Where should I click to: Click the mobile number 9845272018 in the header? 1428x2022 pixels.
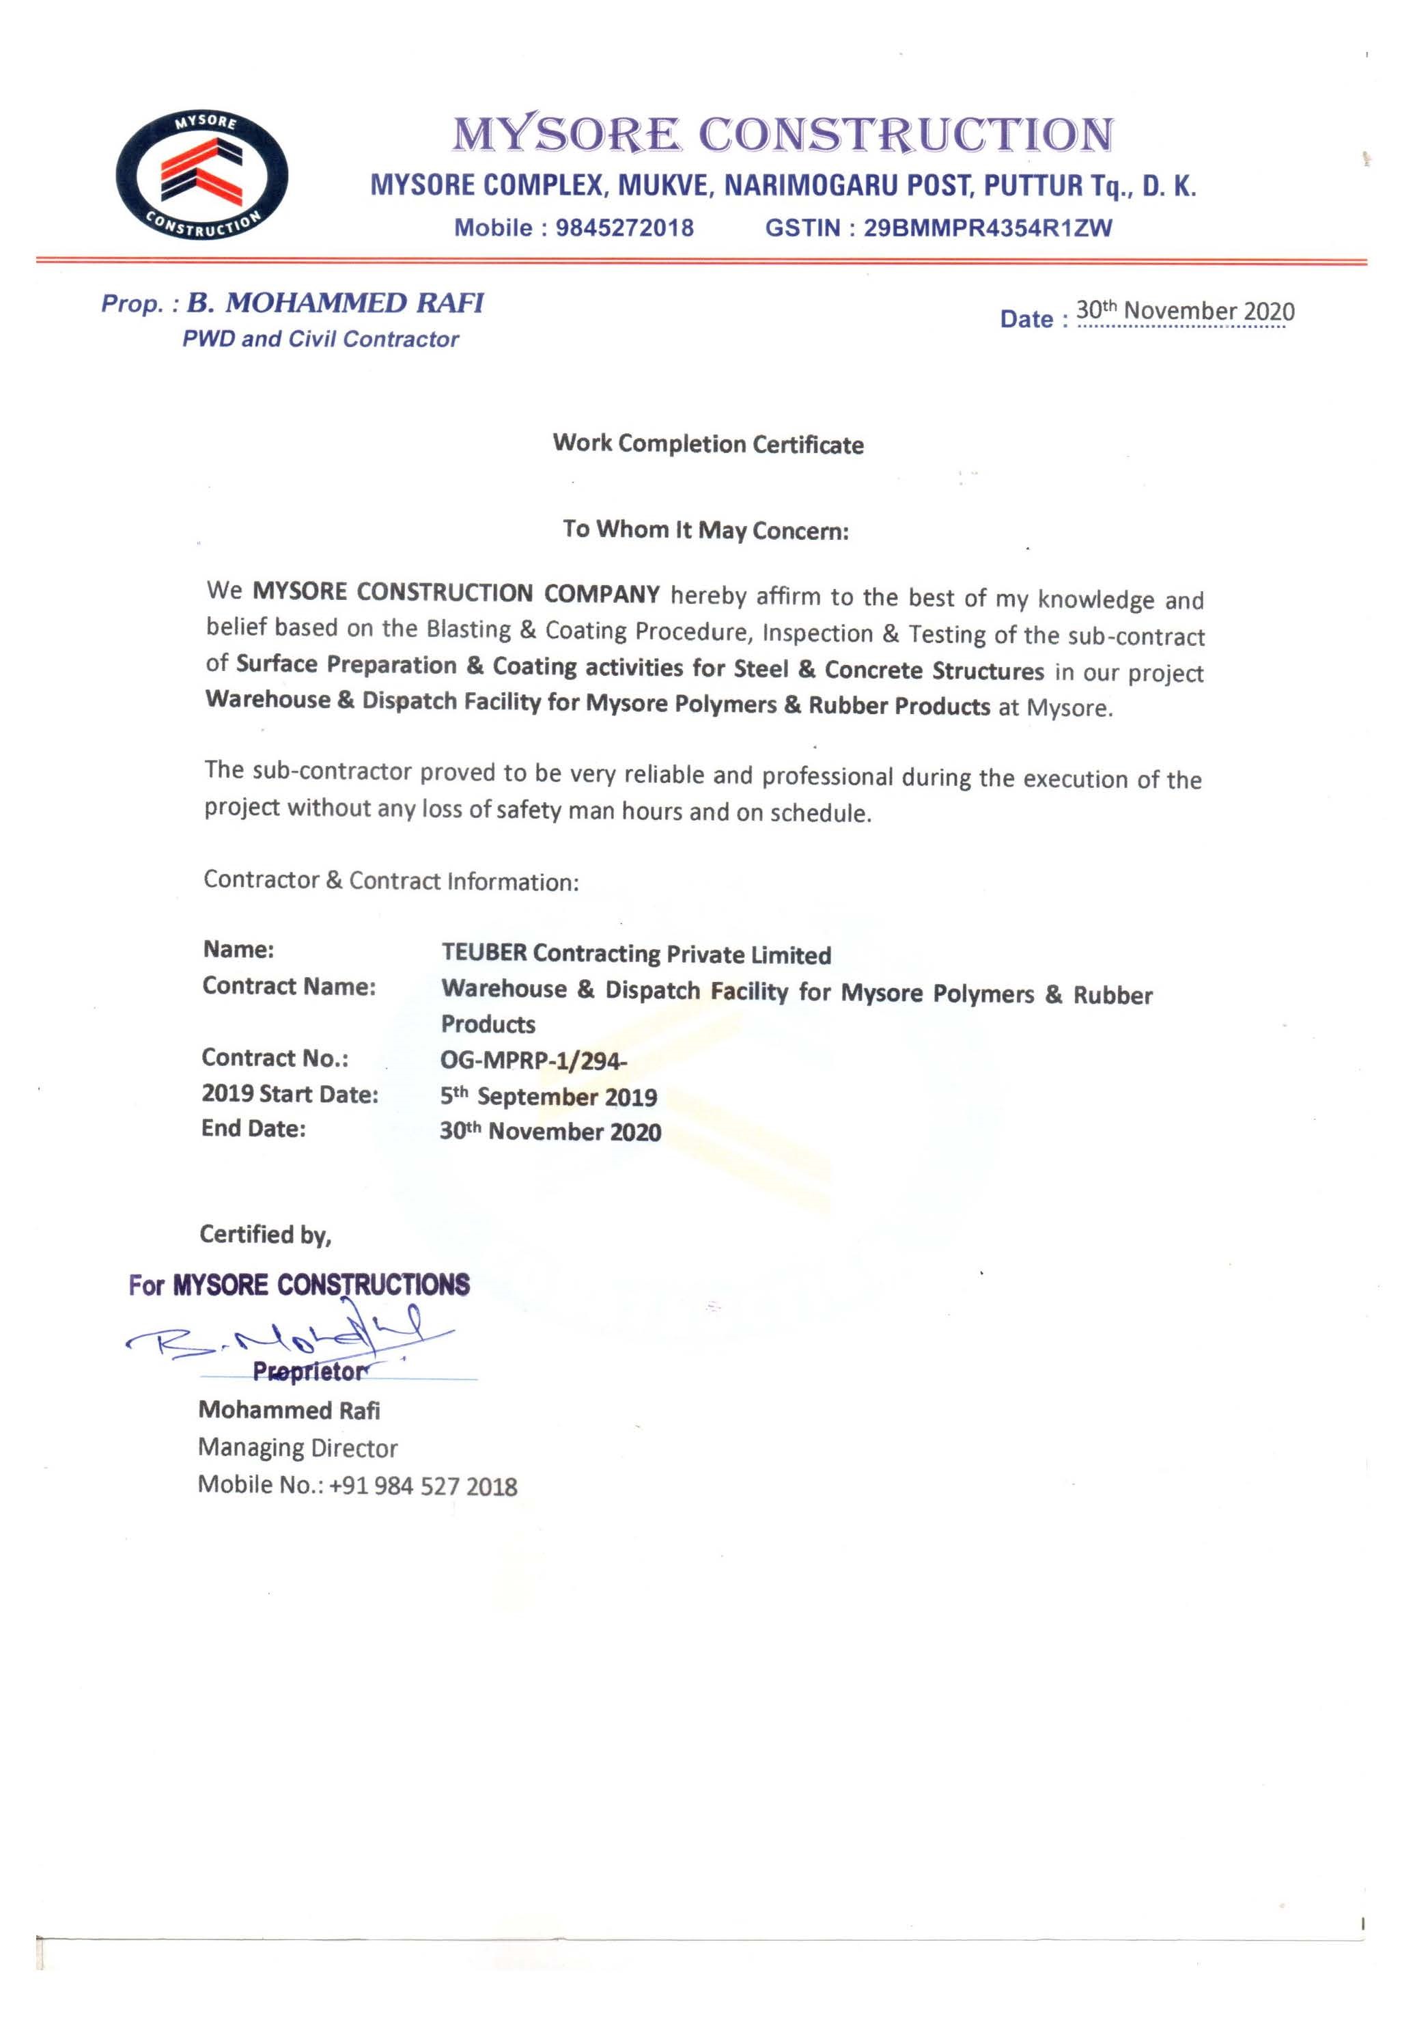tap(624, 228)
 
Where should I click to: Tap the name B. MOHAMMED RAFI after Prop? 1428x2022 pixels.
tap(335, 303)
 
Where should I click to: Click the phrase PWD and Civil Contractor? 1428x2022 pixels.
tap(320, 339)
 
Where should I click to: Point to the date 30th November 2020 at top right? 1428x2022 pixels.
tap(1184, 311)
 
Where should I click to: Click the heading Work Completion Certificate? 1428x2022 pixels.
tap(708, 444)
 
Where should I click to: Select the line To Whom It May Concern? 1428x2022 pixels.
tap(705, 530)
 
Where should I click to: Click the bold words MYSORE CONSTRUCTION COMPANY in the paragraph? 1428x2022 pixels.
tap(456, 592)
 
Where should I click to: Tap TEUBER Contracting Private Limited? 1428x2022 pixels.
tap(636, 954)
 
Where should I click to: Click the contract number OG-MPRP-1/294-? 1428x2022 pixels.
tap(533, 1061)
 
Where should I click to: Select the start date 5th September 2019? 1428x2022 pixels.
tap(548, 1097)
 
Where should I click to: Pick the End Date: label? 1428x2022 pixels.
tap(253, 1128)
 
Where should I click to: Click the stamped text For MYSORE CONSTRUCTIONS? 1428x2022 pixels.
tap(299, 1285)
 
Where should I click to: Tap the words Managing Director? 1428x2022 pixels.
tap(298, 1448)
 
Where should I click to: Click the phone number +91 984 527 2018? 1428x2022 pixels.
tap(423, 1486)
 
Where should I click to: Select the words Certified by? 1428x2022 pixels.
tap(265, 1235)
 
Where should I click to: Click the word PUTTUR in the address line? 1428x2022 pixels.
tap(1033, 186)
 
